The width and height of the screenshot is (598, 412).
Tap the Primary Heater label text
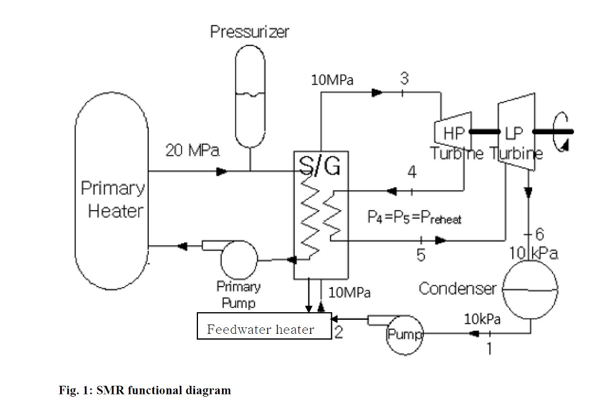click(x=113, y=200)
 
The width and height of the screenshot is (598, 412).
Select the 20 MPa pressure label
click(x=192, y=151)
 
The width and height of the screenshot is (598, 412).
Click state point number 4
click(x=412, y=172)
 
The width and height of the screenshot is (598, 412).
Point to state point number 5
click(x=420, y=255)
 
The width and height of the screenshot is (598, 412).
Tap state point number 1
click(x=489, y=349)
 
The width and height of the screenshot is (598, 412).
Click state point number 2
click(x=339, y=333)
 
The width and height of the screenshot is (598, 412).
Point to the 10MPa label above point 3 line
click(x=332, y=81)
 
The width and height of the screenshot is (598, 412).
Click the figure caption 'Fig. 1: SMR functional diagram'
click(x=144, y=390)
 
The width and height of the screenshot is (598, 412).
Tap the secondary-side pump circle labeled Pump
click(x=404, y=336)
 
